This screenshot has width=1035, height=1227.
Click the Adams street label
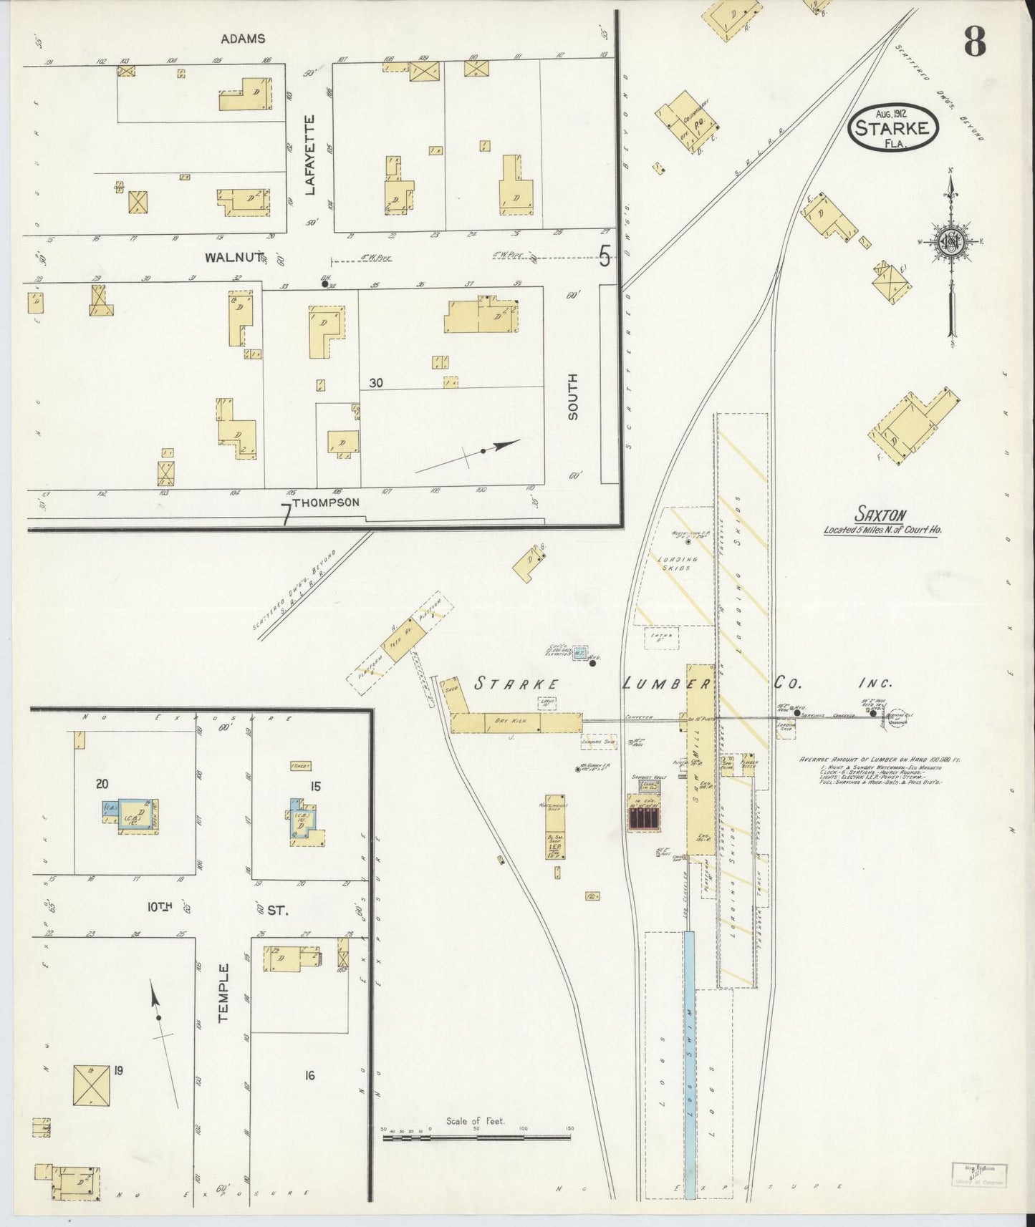tap(243, 39)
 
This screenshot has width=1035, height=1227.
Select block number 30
tap(375, 383)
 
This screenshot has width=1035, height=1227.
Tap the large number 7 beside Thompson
tap(286, 515)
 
